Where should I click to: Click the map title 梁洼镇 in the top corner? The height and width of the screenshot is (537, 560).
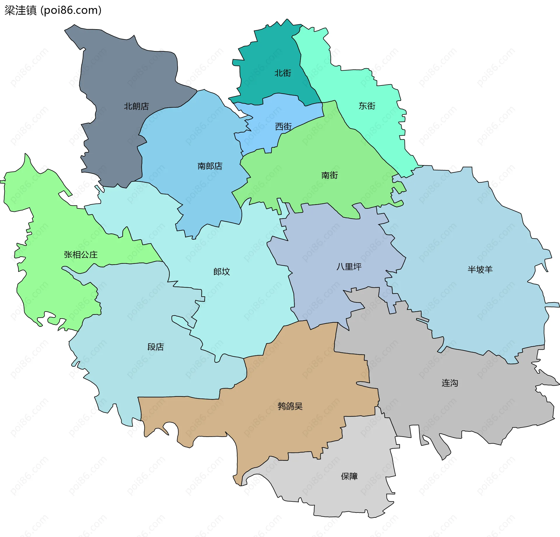[x=20, y=10]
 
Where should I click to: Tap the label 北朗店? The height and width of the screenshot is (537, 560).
[x=136, y=106]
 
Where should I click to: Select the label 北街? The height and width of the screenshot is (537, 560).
[x=283, y=73]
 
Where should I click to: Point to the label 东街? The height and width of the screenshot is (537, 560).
[x=367, y=106]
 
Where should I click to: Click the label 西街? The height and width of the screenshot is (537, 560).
[x=283, y=127]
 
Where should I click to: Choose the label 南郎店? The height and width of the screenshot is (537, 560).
[x=210, y=166]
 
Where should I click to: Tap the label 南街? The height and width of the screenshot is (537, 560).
[x=330, y=175]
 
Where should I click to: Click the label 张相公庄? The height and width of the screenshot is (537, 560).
[x=80, y=255]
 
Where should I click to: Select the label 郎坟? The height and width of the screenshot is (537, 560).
[x=221, y=272]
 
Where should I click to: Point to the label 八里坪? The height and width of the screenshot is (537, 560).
[x=349, y=267]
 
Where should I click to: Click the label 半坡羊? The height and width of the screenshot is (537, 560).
[x=480, y=269]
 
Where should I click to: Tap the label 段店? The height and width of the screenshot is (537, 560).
[x=155, y=347]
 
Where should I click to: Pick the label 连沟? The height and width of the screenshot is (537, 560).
[x=449, y=383]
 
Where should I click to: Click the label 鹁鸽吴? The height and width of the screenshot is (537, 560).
[x=290, y=406]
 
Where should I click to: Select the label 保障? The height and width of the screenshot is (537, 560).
[x=349, y=476]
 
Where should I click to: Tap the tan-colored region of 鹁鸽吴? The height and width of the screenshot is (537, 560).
[x=306, y=379]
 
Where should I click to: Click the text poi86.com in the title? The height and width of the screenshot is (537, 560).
[x=71, y=10]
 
